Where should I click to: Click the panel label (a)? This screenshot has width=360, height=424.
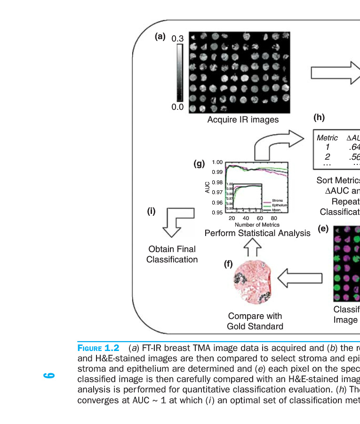[160, 36]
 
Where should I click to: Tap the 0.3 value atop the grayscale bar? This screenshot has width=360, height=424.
[177, 38]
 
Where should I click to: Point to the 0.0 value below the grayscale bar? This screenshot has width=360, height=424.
[177, 107]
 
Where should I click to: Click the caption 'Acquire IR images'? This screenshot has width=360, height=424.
[243, 120]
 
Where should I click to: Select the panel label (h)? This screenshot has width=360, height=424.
[319, 118]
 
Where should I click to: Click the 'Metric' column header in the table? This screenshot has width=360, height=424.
[327, 138]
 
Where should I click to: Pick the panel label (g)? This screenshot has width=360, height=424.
[200, 163]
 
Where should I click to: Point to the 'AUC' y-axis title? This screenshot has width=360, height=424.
[208, 188]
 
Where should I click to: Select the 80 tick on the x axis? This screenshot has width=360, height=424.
[274, 219]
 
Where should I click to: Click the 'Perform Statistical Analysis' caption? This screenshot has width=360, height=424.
[257, 233]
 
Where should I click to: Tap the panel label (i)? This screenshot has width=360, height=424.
[151, 211]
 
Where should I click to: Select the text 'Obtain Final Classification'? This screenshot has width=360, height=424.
[172, 254]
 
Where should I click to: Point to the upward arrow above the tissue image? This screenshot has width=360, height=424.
[253, 248]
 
